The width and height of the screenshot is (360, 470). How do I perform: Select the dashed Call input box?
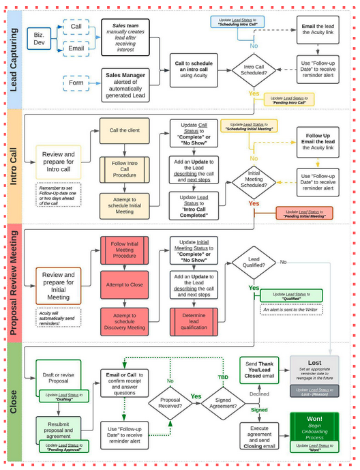tap(76, 27)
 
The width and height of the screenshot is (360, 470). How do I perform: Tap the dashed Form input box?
tap(76, 83)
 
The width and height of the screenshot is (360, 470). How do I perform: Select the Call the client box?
tap(124, 130)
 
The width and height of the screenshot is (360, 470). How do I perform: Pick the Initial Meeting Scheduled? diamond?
tap(252, 179)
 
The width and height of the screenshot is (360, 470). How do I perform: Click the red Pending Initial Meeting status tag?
tap(304, 213)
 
